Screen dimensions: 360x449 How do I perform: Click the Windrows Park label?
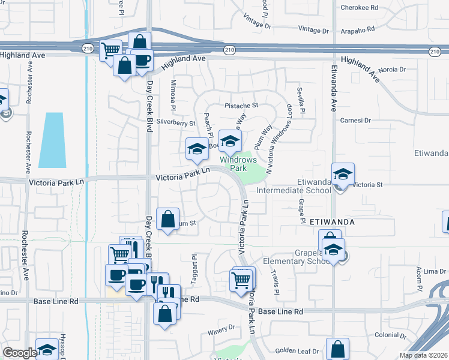pos(238,164)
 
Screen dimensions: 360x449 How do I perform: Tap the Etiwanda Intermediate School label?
pos(294,186)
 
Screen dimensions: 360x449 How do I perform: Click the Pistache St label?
pos(241,105)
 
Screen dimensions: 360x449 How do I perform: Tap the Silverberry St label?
pos(176,122)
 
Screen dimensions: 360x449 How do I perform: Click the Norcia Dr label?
pos(393,70)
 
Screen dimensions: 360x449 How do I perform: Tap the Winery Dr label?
pos(223,328)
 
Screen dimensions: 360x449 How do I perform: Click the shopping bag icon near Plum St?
pos(168,219)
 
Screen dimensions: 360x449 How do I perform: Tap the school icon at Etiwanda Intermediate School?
pos(343,175)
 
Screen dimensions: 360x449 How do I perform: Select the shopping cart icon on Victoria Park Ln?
pos(241,280)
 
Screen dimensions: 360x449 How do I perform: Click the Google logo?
pos(20,353)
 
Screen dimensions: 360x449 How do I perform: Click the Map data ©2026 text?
pos(423,355)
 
